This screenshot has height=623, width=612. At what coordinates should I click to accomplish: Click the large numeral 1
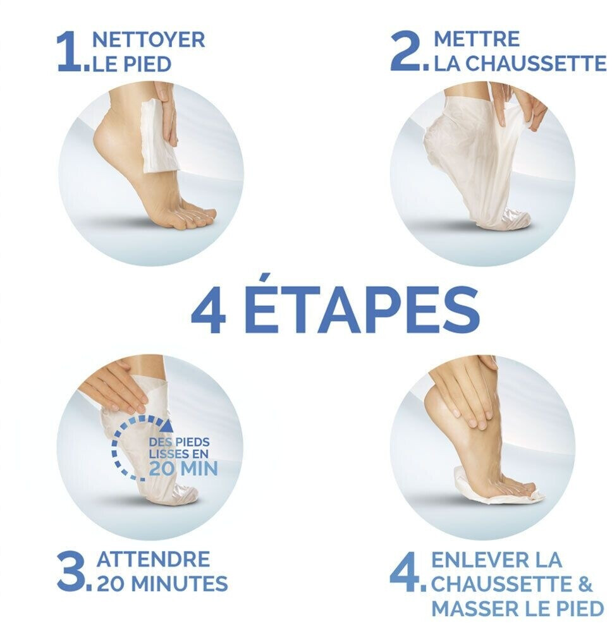(70, 52)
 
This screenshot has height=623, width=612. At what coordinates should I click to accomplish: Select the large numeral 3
(71, 570)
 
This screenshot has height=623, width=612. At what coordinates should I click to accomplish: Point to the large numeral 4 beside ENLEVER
(405, 571)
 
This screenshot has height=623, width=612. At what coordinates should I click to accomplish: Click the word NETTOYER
(149, 40)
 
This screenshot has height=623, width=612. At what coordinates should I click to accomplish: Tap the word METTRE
(477, 39)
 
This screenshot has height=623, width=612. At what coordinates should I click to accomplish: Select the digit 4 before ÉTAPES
(209, 310)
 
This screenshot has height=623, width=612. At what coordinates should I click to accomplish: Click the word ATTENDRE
(153, 559)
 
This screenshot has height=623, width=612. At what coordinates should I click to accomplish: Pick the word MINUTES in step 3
(180, 583)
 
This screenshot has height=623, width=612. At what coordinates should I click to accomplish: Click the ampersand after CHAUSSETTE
(585, 584)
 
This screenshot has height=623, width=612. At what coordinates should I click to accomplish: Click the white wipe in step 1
(159, 136)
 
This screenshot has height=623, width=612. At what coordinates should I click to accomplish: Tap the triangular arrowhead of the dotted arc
(168, 425)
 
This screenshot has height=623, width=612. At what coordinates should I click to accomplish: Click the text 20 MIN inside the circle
(183, 468)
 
